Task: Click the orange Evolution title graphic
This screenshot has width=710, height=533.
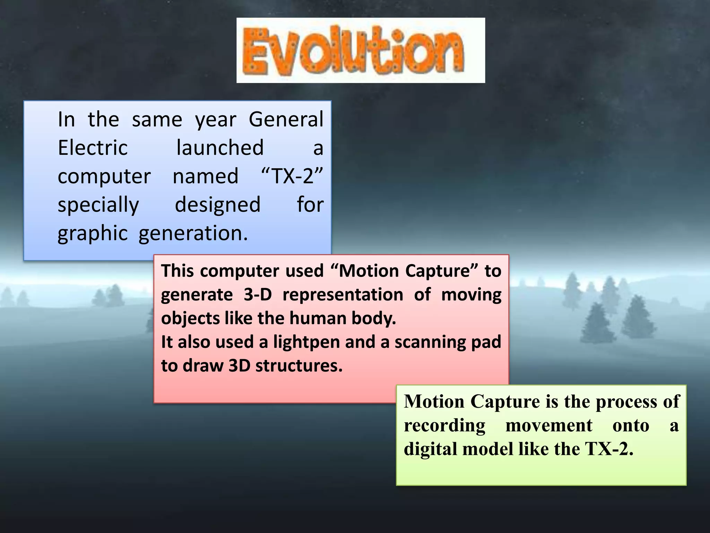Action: click(361, 50)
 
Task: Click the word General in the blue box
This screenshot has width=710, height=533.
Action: click(286, 119)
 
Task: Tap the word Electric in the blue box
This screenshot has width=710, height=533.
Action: click(93, 148)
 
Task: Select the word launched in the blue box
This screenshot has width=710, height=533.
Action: click(220, 148)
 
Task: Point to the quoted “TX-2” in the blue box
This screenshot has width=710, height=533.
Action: click(292, 176)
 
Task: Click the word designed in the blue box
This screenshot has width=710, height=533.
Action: click(217, 205)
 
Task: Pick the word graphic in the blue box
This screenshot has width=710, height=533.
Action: click(93, 233)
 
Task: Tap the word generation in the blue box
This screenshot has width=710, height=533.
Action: click(193, 233)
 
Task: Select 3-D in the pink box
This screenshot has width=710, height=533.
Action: click(258, 295)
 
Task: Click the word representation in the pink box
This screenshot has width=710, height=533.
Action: click(343, 295)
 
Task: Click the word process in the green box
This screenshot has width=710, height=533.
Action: click(627, 402)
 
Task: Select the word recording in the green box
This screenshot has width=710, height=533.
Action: click(444, 426)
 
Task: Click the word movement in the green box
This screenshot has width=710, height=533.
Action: click(549, 426)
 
